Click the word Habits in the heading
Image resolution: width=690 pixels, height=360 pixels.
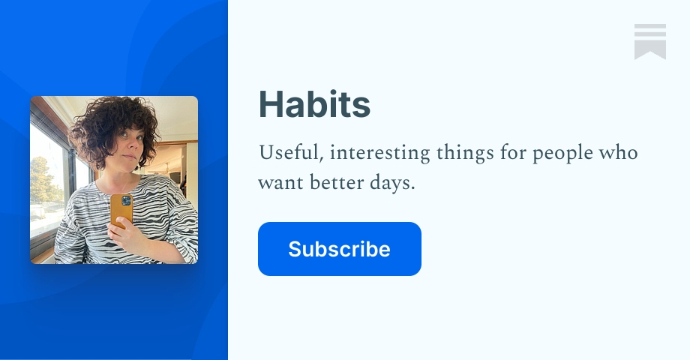314,106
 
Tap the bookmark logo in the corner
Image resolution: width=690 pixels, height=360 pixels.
649,41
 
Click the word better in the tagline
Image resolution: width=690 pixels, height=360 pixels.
331,182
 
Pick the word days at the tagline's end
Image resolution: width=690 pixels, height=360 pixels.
391,183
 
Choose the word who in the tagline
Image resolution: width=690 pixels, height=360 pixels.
619,153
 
